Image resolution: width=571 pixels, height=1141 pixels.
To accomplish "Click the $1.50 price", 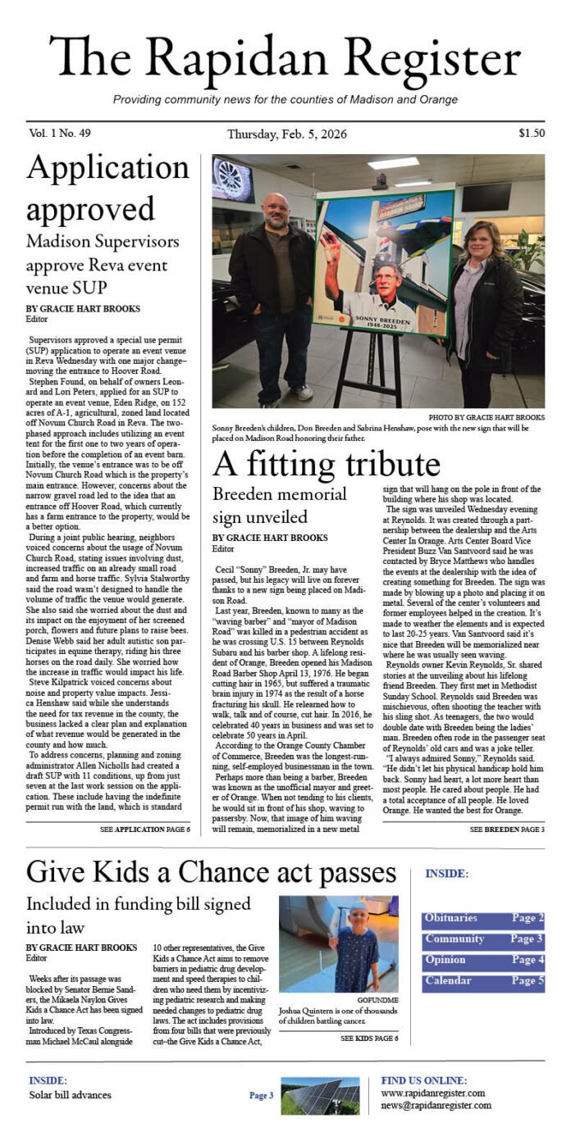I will click(x=531, y=134).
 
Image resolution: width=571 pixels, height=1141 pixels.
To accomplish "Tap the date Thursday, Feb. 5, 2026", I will click(x=286, y=134).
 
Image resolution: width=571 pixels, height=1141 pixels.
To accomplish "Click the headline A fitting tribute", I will click(x=327, y=465).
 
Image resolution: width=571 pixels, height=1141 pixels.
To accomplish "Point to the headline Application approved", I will click(x=96, y=188).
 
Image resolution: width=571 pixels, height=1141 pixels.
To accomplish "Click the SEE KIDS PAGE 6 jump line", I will click(x=369, y=1038).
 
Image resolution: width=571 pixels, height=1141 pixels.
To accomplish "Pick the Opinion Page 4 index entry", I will click(x=483, y=961).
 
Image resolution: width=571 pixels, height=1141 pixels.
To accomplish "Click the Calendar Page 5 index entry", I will click(x=483, y=981).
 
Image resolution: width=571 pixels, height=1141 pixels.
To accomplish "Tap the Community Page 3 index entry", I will click(x=483, y=940).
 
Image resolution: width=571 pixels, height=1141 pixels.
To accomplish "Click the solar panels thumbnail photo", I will click(x=321, y=1095).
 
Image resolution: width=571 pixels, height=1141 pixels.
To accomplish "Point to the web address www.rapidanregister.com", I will click(x=432, y=1093).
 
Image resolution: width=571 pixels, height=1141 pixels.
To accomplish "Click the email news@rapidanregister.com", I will click(x=436, y=1105).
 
